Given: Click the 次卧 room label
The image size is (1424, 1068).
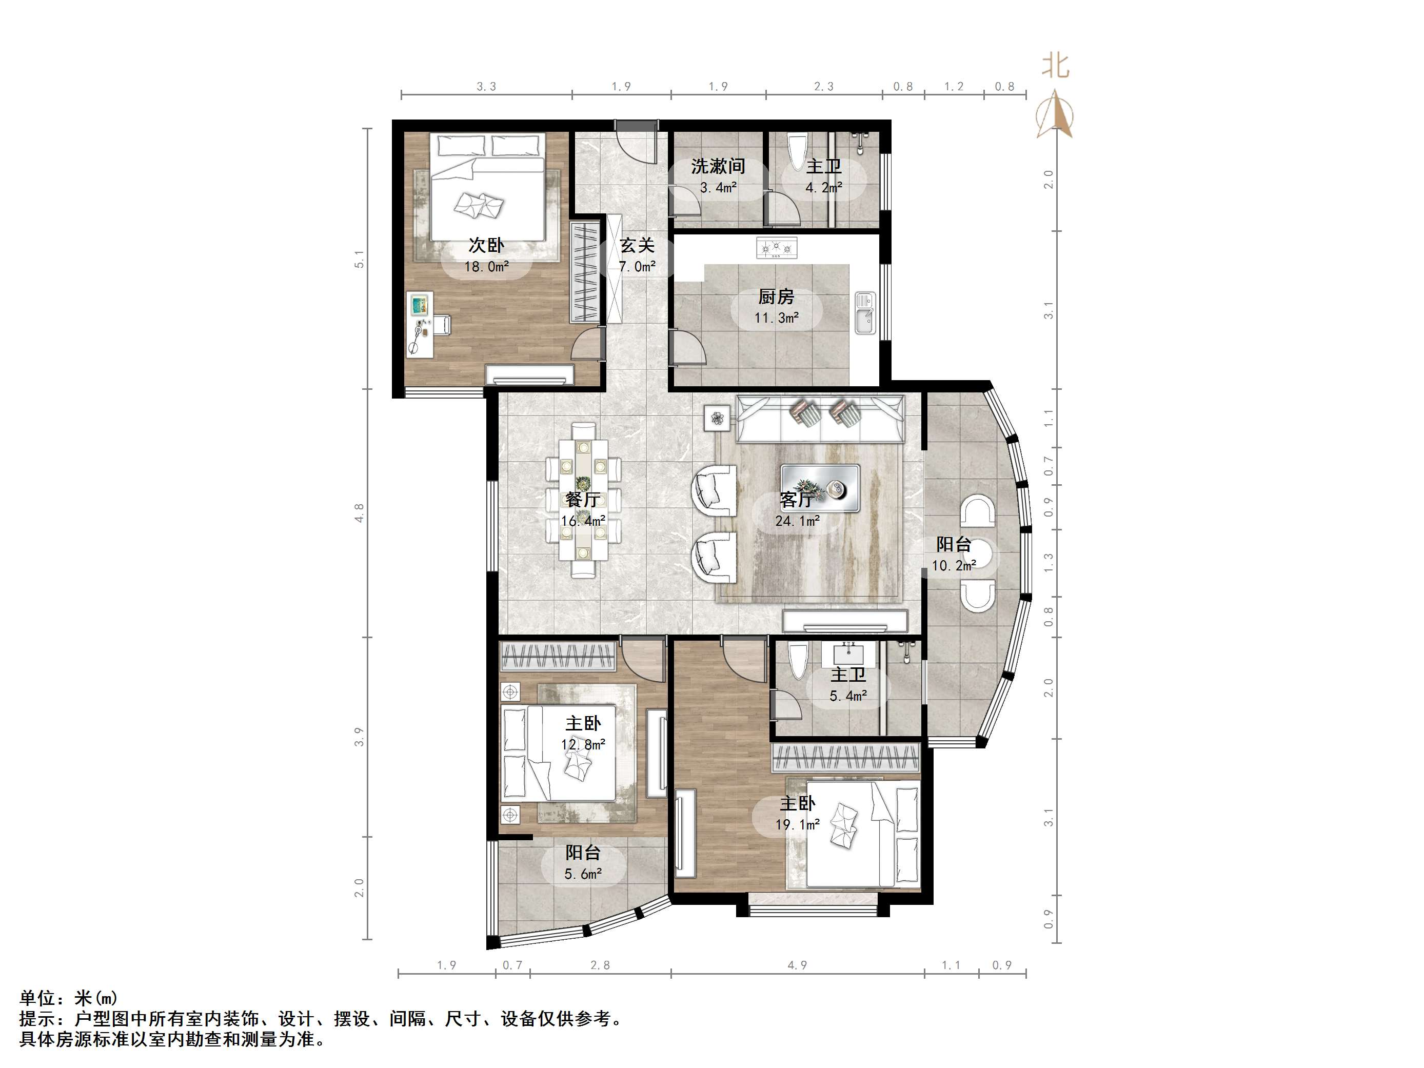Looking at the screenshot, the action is tap(486, 245).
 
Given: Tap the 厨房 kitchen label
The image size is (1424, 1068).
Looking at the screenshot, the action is tap(776, 297).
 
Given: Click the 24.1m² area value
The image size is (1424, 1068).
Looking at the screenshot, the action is tap(797, 521).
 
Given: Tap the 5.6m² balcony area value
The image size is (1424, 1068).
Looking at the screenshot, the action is tap(583, 874).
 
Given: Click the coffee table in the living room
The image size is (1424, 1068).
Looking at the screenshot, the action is tap(820, 488).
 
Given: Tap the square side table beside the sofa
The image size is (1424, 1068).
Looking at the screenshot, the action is tap(717, 419).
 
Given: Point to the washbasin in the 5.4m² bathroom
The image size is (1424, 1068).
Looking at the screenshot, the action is tap(850, 655).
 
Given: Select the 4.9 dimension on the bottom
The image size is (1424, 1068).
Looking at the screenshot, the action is tap(797, 965).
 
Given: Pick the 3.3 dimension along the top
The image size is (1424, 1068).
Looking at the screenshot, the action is tap(486, 86).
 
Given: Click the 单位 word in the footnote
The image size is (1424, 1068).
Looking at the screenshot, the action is tap(37, 998).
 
